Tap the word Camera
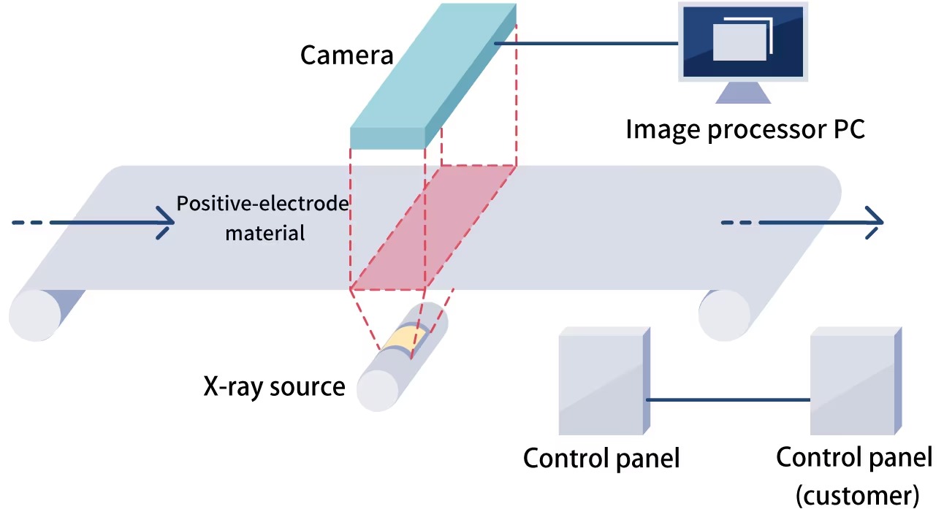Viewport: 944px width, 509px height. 346,55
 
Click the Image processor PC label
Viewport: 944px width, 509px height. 745,129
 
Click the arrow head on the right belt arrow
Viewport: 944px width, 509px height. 874,222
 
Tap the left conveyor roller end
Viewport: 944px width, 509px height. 34,315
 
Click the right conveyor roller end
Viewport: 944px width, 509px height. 724,315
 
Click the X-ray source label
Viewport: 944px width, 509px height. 274,386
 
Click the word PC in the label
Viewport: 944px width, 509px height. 845,129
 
